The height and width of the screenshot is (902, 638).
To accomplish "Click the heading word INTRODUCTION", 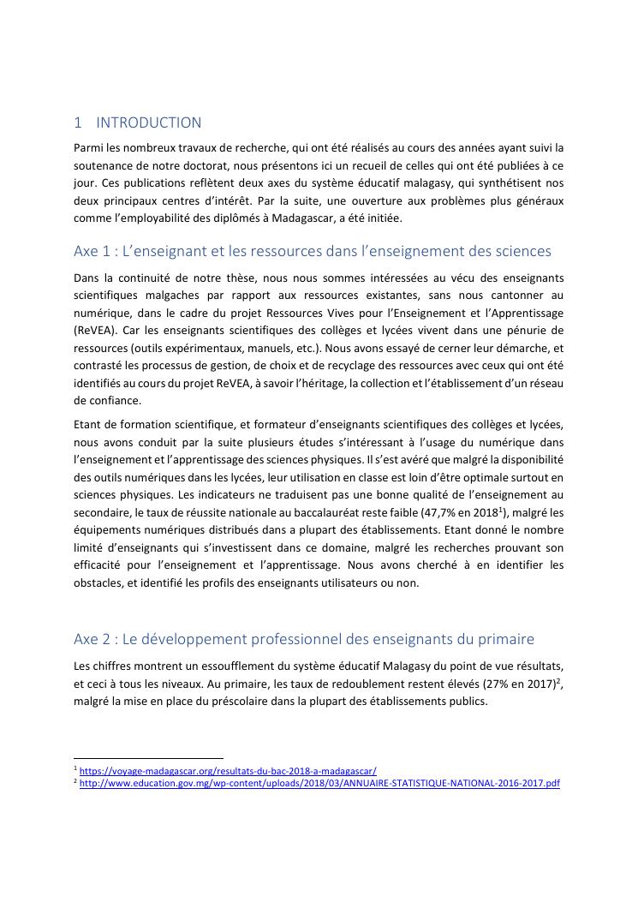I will [149, 122].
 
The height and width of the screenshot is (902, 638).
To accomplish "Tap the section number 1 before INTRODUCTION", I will [77, 122].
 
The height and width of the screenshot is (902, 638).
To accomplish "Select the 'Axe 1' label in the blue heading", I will [90, 251].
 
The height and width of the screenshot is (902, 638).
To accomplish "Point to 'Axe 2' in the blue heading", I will [91, 639].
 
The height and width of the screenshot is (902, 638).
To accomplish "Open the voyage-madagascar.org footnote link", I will [228, 771].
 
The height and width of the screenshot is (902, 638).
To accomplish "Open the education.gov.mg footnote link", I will [319, 783].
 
